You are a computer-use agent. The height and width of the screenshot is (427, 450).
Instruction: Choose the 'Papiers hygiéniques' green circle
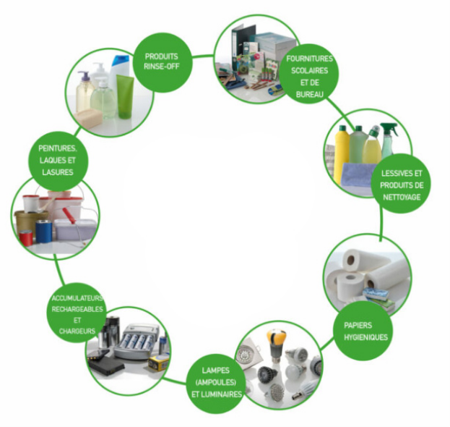point(364,331)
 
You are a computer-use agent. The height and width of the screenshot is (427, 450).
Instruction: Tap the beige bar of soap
point(90,118)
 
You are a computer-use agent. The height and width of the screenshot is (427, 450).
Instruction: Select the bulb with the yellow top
point(277,341)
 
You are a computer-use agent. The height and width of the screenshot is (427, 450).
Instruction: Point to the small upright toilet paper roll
point(353,283)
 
